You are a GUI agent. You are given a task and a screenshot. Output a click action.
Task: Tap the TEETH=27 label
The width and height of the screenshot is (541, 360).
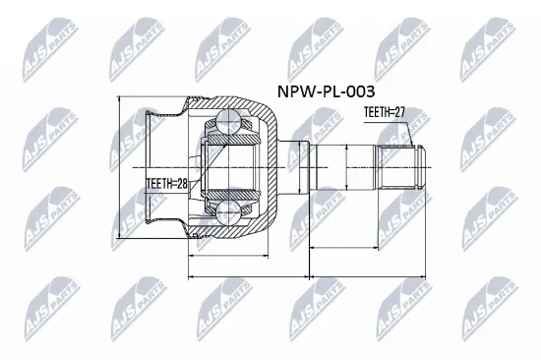(x=385, y=112)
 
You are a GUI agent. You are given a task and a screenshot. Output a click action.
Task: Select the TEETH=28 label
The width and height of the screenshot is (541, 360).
(x=168, y=183)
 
